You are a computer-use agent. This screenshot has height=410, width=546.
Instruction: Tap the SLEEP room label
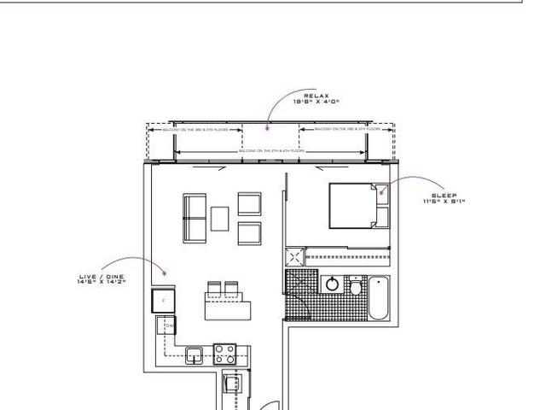444,195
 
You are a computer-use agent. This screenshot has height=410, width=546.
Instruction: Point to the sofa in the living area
194,219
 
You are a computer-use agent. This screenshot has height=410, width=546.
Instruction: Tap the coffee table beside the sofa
220,218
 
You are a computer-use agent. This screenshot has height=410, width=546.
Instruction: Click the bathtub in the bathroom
378,298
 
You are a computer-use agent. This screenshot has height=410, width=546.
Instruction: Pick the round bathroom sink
332,285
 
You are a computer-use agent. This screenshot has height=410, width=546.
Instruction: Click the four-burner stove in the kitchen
224,352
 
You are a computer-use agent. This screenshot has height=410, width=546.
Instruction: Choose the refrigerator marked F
163,302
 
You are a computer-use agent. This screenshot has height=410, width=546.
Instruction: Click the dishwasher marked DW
169,325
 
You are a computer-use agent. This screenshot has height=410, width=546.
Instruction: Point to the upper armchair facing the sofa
249,203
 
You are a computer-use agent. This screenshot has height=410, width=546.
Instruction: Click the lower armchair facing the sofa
249,232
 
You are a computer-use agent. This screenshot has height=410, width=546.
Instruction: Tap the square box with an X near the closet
294,255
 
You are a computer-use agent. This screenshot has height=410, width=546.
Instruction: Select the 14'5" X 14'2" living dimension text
100,281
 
